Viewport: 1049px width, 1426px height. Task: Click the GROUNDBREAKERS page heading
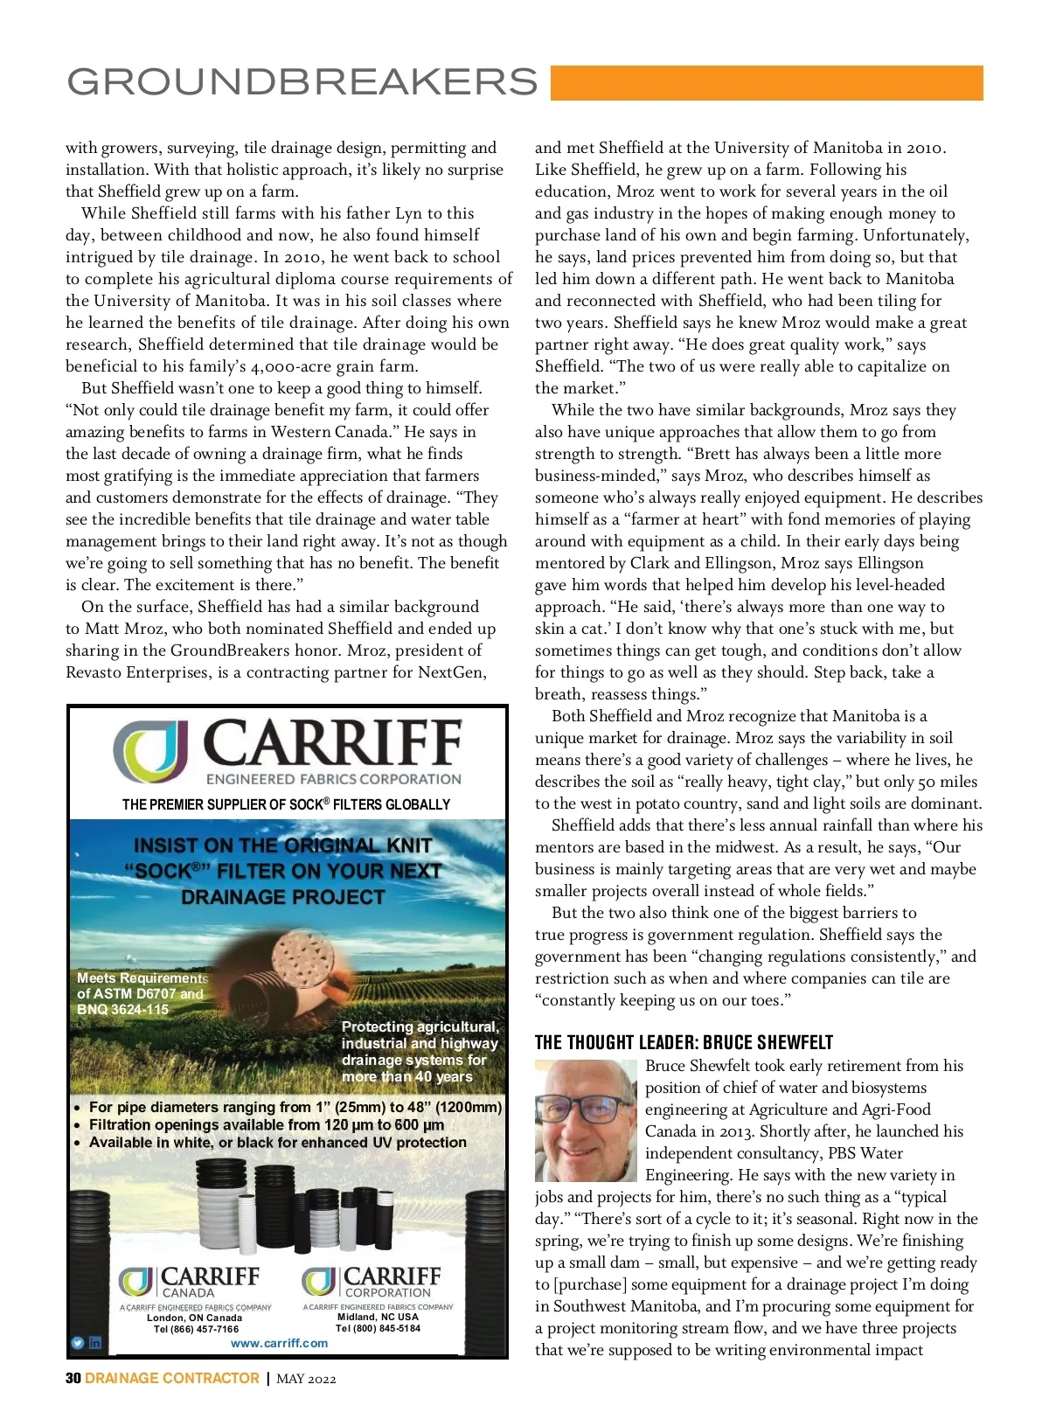pos(302,81)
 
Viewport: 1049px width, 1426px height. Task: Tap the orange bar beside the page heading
pos(766,83)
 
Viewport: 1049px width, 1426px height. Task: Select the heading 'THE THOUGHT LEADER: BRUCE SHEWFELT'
pos(684,1042)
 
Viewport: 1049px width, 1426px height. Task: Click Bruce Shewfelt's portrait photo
pos(586,1120)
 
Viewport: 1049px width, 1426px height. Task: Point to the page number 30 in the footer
pos(73,1378)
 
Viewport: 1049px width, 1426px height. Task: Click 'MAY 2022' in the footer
pos(306,1379)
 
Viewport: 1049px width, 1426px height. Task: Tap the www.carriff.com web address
pos(279,1343)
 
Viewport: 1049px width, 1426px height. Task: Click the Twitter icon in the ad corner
pos(78,1343)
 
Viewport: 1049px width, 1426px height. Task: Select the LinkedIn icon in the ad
pos(95,1343)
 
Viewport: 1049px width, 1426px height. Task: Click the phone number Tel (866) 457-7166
pos(196,1329)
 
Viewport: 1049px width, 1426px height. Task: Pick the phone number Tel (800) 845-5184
pos(378,1328)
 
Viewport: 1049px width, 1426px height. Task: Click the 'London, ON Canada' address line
pos(194,1318)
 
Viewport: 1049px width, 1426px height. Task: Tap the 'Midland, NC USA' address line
pos(378,1317)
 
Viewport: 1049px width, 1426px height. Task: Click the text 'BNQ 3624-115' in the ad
pos(122,1009)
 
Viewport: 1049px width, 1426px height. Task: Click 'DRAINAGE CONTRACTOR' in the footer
pos(172,1378)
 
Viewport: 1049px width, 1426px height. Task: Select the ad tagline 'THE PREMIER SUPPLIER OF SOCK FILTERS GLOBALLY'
pos(286,804)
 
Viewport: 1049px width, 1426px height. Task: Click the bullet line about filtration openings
pos(267,1125)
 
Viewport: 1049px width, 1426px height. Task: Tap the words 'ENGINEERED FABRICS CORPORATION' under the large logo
pos(333,779)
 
